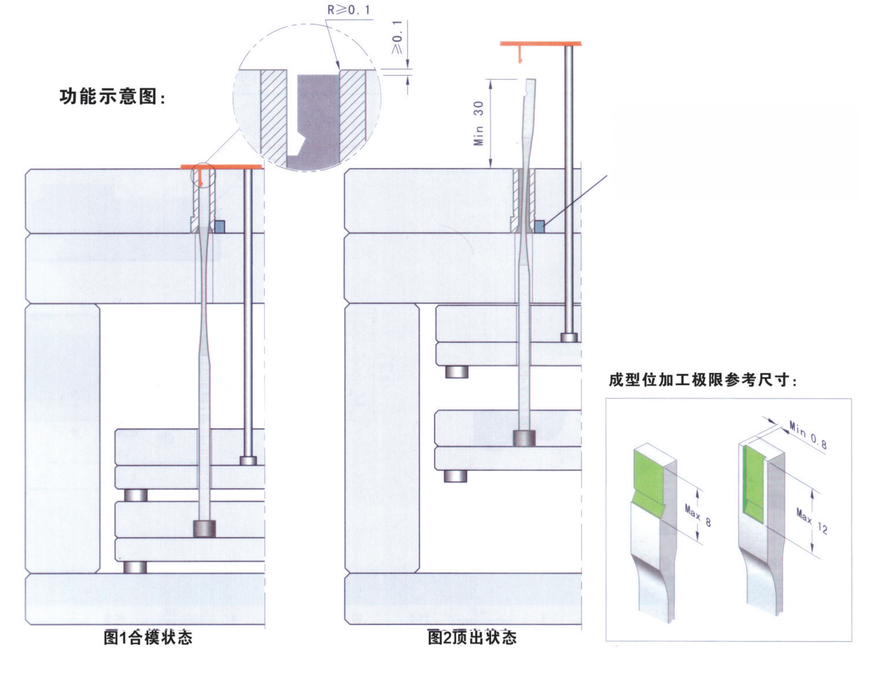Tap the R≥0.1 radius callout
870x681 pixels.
(x=348, y=10)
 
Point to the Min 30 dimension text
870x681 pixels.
(x=479, y=123)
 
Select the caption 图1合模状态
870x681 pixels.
(x=148, y=638)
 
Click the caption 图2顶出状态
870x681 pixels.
(x=472, y=638)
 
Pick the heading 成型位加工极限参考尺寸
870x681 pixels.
(x=703, y=380)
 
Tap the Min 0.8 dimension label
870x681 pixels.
(x=808, y=435)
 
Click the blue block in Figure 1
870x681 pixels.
(x=220, y=226)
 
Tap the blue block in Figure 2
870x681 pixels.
(x=539, y=226)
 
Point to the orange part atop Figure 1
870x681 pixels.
(x=221, y=167)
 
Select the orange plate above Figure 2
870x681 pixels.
(x=541, y=43)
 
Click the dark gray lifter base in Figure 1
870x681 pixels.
(x=204, y=528)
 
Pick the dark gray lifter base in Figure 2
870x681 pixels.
(x=524, y=438)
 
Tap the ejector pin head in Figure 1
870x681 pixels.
(x=248, y=460)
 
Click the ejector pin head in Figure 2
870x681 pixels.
(x=569, y=337)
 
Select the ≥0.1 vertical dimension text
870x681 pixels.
(x=398, y=38)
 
